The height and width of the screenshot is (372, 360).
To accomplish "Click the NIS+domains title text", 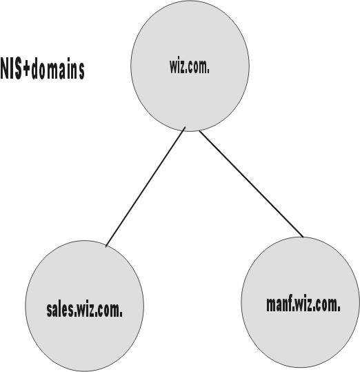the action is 43,68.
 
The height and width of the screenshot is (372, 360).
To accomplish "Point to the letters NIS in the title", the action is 12,68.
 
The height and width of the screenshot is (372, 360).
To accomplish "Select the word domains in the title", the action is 58,68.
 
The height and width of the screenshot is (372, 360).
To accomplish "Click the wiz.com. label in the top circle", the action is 190,66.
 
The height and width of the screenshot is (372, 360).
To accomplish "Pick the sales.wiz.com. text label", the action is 85,310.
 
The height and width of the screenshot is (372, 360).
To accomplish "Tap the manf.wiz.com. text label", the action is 303,304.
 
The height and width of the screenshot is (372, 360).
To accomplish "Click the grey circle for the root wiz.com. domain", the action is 190,66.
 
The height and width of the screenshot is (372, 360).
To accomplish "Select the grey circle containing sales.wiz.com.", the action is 84,306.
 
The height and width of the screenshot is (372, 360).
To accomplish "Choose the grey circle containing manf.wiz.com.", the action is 300,302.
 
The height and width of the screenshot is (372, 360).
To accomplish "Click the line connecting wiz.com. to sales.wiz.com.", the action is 146,187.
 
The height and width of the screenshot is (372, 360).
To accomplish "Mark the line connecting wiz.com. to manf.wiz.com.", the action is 251,184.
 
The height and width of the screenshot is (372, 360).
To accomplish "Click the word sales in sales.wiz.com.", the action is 60,310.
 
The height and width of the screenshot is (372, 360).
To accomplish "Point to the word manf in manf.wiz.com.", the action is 279,304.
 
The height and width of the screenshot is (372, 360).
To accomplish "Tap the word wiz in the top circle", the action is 177,66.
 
